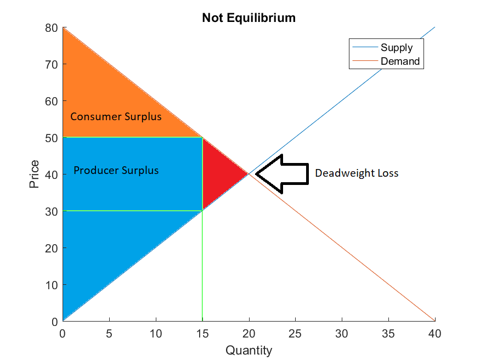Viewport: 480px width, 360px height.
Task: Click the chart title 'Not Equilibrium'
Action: [x=249, y=18]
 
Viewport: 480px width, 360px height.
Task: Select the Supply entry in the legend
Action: [x=383, y=47]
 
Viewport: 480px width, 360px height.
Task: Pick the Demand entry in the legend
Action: [x=386, y=61]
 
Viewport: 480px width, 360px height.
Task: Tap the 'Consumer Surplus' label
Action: [x=116, y=117]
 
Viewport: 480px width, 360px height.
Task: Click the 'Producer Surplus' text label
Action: [x=116, y=170]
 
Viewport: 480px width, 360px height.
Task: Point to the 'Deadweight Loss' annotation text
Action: [x=357, y=173]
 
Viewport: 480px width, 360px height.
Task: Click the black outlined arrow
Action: [x=282, y=174]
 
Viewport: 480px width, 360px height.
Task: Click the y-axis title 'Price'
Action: [x=34, y=174]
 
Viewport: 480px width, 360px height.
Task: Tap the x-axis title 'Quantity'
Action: [x=249, y=350]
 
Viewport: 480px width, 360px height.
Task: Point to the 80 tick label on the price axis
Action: [x=52, y=28]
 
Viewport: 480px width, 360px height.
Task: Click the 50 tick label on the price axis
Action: [x=52, y=138]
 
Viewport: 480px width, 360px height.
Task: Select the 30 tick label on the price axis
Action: [x=52, y=211]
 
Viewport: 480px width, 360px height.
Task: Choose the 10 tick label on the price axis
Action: [x=52, y=285]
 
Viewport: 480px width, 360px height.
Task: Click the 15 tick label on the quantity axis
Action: [x=202, y=334]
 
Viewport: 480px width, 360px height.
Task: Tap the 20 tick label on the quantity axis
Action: [x=249, y=334]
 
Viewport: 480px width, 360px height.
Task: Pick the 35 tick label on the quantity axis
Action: [x=388, y=334]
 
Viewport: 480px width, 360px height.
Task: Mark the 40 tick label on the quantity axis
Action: [x=434, y=334]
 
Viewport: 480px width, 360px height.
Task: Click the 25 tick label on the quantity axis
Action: [x=295, y=334]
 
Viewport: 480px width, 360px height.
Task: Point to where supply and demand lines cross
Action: [x=249, y=174]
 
